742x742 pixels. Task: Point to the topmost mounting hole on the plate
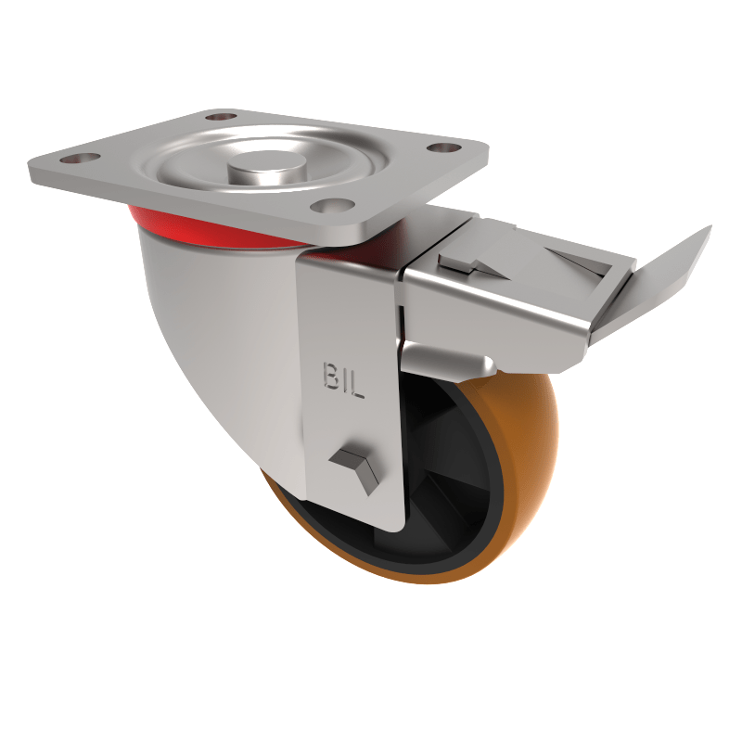[221, 118]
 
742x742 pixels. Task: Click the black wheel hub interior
[454, 464]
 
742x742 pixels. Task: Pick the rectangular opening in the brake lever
[575, 264]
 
